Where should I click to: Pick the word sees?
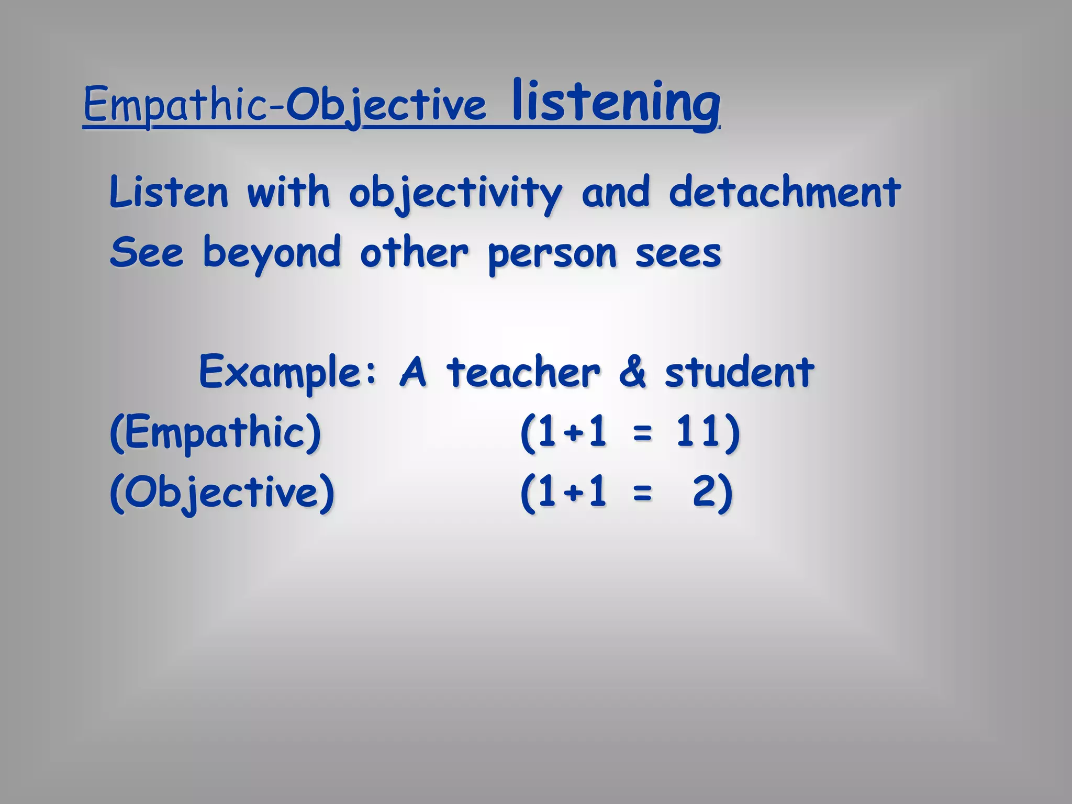[678, 253]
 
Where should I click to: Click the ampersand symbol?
[632, 373]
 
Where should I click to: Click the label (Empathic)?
[215, 433]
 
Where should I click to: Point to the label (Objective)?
[222, 493]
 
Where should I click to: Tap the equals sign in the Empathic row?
[642, 434]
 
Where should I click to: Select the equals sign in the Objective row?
[642, 494]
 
